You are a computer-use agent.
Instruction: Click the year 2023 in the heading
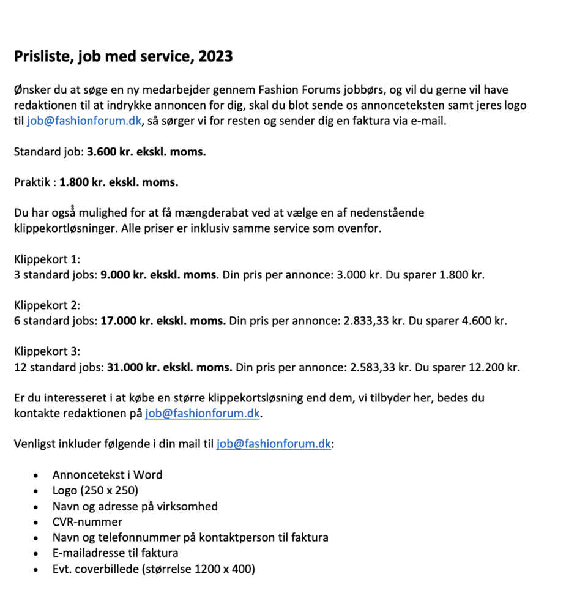pos(215,57)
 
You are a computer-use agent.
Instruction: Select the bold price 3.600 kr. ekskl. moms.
pos(146,151)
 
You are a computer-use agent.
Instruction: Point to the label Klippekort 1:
pos(47,259)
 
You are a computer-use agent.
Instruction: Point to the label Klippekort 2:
pos(47,305)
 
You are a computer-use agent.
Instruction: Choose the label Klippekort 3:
pos(47,352)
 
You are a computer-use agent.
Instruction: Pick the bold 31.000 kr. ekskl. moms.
pos(169,368)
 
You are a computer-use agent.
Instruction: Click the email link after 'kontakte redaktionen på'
pos(203,414)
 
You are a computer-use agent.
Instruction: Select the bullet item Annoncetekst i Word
pos(107,475)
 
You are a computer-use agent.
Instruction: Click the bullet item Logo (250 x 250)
pos(95,491)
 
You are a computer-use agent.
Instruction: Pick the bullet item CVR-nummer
pos(88,522)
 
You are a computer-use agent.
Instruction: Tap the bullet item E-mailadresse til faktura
pos(116,553)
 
